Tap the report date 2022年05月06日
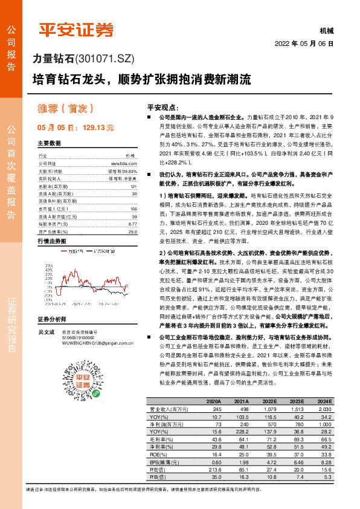point(304,44)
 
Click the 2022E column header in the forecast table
point(270,401)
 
